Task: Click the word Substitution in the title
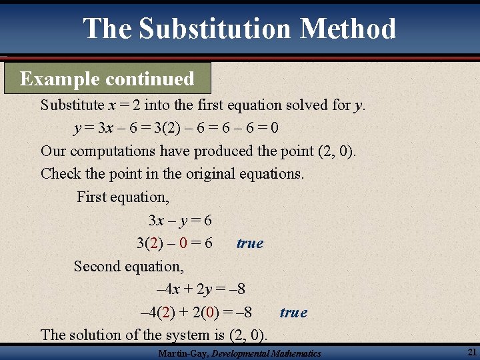point(215,29)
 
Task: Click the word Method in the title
point(348,29)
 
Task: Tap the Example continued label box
point(107,79)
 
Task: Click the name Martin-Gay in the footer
point(183,353)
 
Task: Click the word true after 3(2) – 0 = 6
point(250,243)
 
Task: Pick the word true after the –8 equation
point(293,312)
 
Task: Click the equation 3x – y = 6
point(180,220)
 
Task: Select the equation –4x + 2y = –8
point(200,289)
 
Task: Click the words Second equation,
point(129,266)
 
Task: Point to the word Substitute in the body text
point(72,105)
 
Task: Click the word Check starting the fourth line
point(59,174)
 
